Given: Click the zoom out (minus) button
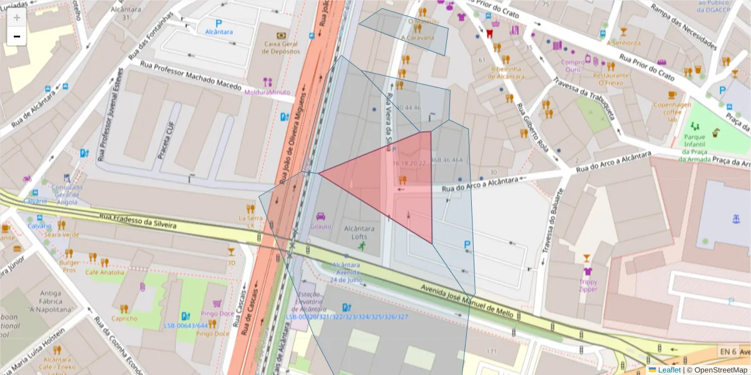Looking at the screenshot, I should pos(17,36).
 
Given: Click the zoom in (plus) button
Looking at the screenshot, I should pos(17,17).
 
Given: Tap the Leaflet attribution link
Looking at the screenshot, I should pos(669,370).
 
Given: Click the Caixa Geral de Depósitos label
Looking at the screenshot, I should pos(281,47).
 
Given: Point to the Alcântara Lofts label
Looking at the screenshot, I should pos(360,232).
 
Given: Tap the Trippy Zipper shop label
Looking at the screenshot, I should pos(588,285).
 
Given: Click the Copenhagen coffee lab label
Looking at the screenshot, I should pos(672,112).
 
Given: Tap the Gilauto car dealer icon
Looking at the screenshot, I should pos(321,216).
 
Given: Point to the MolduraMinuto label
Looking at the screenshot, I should pos(268,92).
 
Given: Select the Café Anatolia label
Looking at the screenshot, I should pos(105,272).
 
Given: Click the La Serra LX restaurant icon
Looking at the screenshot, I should pos(251,208).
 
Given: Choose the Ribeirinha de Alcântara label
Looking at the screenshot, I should pos(508,72).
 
